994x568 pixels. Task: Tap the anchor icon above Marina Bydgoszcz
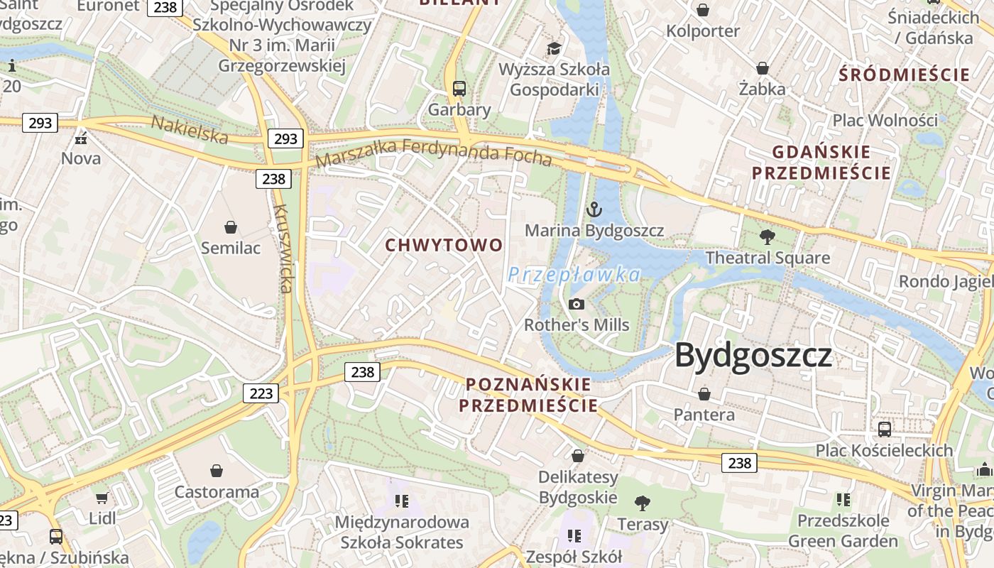pyautogui.click(x=594, y=209)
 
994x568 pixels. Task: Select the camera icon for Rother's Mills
pyautogui.click(x=577, y=304)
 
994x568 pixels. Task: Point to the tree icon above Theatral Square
pyautogui.click(x=767, y=236)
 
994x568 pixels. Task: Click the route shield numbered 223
pyautogui.click(x=261, y=393)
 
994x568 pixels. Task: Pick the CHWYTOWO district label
pyautogui.click(x=444, y=246)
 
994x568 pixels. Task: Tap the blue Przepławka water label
pyautogui.click(x=574, y=275)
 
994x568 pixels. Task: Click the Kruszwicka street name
pyautogui.click(x=283, y=248)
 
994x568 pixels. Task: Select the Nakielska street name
pyautogui.click(x=190, y=129)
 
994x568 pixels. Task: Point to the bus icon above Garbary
pyautogui.click(x=459, y=89)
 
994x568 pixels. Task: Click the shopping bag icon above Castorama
pyautogui.click(x=217, y=471)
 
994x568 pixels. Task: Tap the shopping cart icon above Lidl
pyautogui.click(x=102, y=498)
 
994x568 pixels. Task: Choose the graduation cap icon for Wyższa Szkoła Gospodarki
pyautogui.click(x=554, y=48)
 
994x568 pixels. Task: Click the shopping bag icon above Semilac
pyautogui.click(x=231, y=227)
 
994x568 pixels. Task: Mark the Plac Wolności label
pyautogui.click(x=885, y=120)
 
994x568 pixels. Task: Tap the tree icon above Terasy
pyautogui.click(x=643, y=503)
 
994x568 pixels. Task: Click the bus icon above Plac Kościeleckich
pyautogui.click(x=885, y=429)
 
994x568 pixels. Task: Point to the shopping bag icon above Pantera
pyautogui.click(x=704, y=393)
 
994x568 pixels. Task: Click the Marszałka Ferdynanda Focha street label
pyautogui.click(x=433, y=153)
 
